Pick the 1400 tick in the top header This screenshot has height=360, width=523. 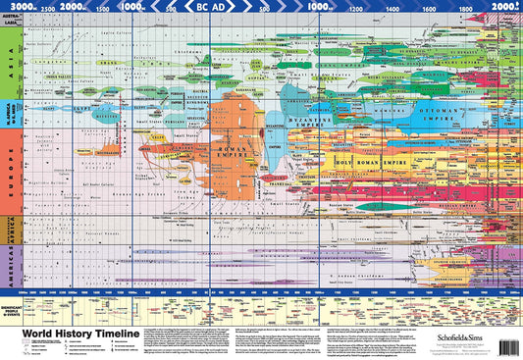point(392,7)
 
